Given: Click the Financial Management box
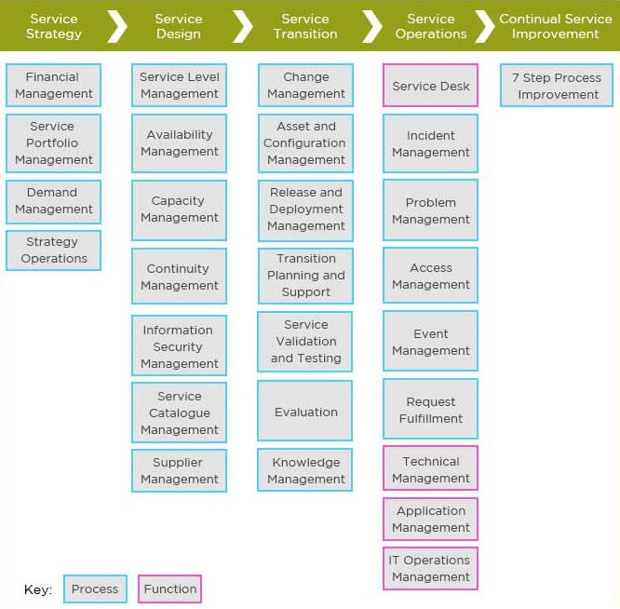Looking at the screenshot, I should tap(53, 86).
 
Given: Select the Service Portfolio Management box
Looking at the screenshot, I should tap(53, 143).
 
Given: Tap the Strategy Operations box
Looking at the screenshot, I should tap(53, 250).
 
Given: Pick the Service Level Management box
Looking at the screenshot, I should tap(179, 86).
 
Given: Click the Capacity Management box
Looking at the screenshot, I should tap(179, 210).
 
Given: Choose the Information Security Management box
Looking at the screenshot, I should tap(179, 347).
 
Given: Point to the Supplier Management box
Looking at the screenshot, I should tap(179, 471).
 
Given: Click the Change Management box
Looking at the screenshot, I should tap(305, 86).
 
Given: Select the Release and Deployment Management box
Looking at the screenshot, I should tap(305, 210).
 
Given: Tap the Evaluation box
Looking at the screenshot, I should tap(305, 412).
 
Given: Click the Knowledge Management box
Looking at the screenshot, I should tap(305, 471).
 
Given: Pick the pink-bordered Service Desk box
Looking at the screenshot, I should tap(430, 86).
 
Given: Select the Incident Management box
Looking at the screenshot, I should tap(430, 144).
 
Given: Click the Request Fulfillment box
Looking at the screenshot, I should tap(430, 411).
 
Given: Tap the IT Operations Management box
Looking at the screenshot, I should tap(430, 569).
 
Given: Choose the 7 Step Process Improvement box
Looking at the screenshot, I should tap(557, 86).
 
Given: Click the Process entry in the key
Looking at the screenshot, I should tap(95, 589).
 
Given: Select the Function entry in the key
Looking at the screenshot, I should tap(169, 589).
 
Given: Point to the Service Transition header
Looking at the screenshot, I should tap(305, 26).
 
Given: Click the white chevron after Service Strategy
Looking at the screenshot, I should tap(117, 26).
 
